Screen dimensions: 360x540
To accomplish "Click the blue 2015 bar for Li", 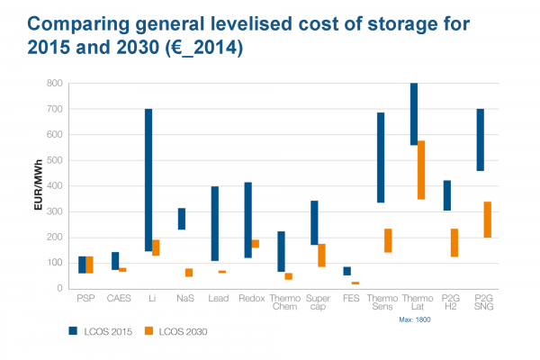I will [x=148, y=180].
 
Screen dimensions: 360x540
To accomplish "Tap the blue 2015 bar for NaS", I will [x=181, y=219].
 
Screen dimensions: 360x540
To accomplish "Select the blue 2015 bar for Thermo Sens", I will [x=381, y=157].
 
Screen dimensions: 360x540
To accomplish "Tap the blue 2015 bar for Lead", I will [x=214, y=224].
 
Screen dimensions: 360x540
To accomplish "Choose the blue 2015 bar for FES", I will [x=347, y=271].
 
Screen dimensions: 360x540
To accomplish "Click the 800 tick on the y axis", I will [x=56, y=84].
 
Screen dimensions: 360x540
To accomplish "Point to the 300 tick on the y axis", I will [x=56, y=212].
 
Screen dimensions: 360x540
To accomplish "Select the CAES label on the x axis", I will [x=120, y=298].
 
